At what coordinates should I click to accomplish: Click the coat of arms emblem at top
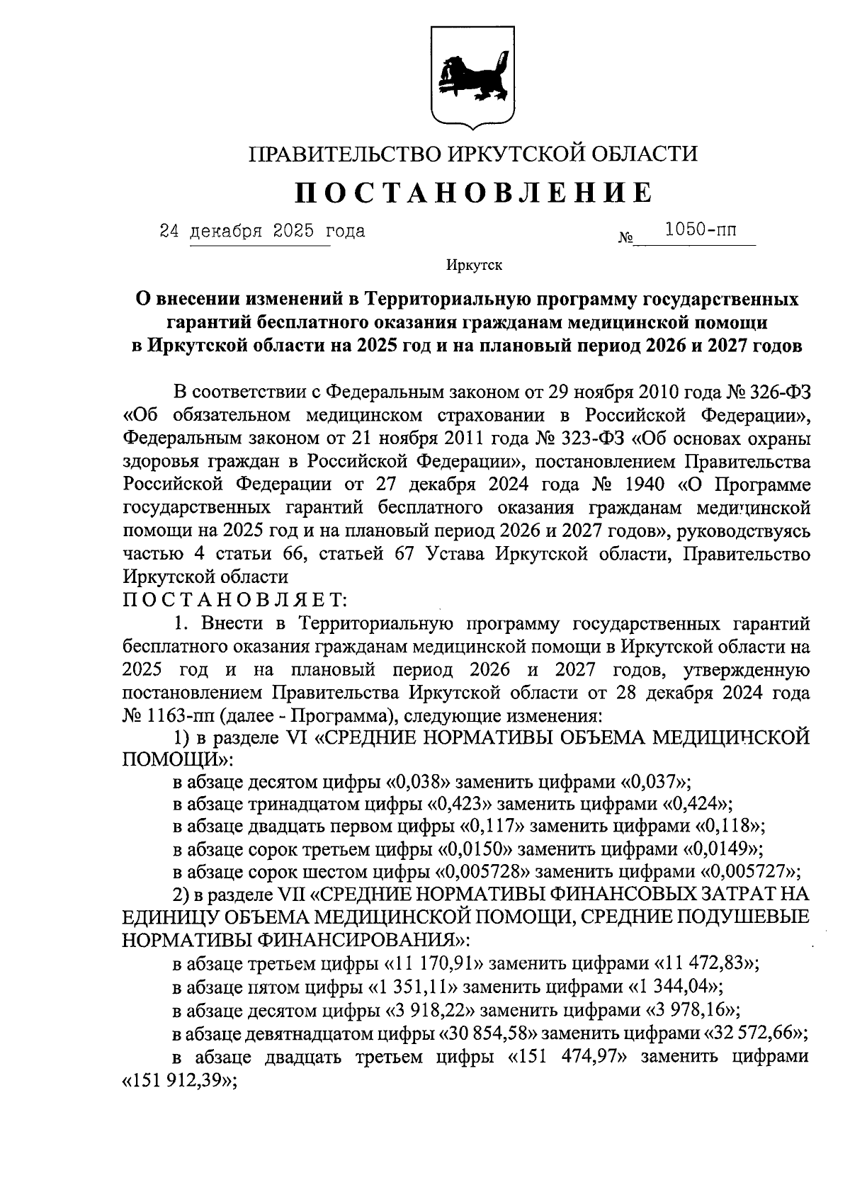click(474, 76)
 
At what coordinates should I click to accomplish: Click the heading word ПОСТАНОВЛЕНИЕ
click(473, 193)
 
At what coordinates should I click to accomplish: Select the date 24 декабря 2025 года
click(262, 231)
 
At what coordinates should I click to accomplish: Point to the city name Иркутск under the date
click(474, 266)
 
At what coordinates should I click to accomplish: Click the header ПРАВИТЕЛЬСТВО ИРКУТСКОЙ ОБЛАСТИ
click(474, 153)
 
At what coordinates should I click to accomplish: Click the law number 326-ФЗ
click(778, 392)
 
